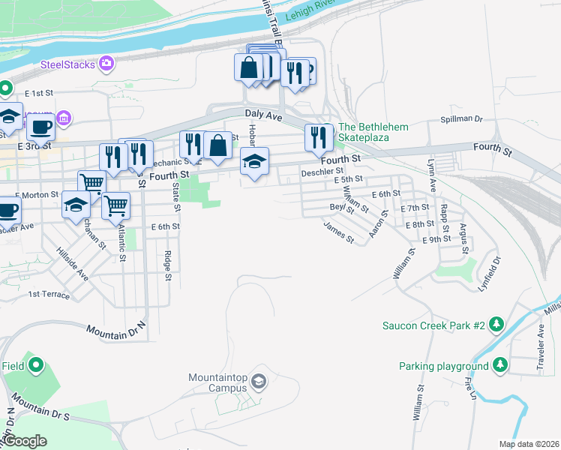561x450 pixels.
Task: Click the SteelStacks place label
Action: (67, 64)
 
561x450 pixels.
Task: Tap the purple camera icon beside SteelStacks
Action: (107, 64)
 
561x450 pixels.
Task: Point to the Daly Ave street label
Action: (263, 116)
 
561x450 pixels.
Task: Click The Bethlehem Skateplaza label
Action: (373, 132)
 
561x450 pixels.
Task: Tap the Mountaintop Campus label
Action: (217, 382)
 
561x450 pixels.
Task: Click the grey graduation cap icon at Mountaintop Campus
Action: (259, 382)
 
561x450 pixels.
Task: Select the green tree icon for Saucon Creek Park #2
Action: (496, 325)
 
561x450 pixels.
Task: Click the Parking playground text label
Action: (443, 366)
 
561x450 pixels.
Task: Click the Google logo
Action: (25, 441)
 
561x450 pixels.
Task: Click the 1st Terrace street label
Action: (49, 295)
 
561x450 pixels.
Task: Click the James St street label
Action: (338, 231)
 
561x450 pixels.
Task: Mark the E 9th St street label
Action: (436, 239)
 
